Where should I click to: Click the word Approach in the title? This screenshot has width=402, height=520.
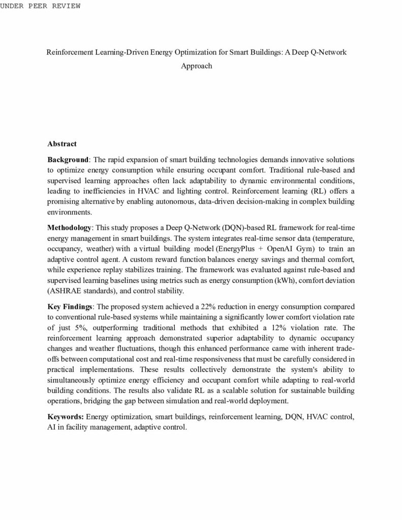pyautogui.click(x=197, y=66)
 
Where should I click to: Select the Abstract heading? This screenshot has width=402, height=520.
pyautogui.click(x=62, y=144)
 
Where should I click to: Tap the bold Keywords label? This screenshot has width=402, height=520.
pyautogui.click(x=66, y=417)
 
